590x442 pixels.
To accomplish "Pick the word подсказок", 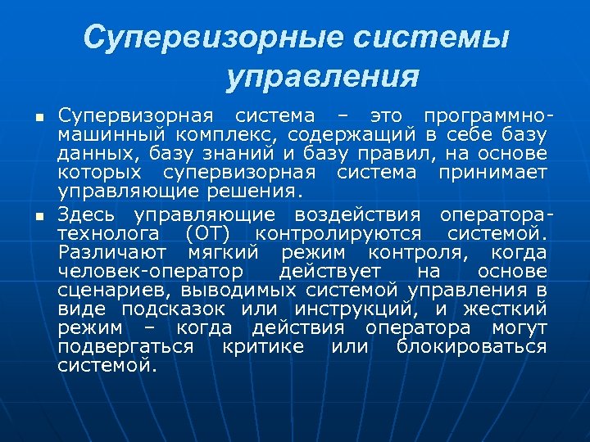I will coord(176,309).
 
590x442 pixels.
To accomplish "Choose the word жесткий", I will coord(504,309).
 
